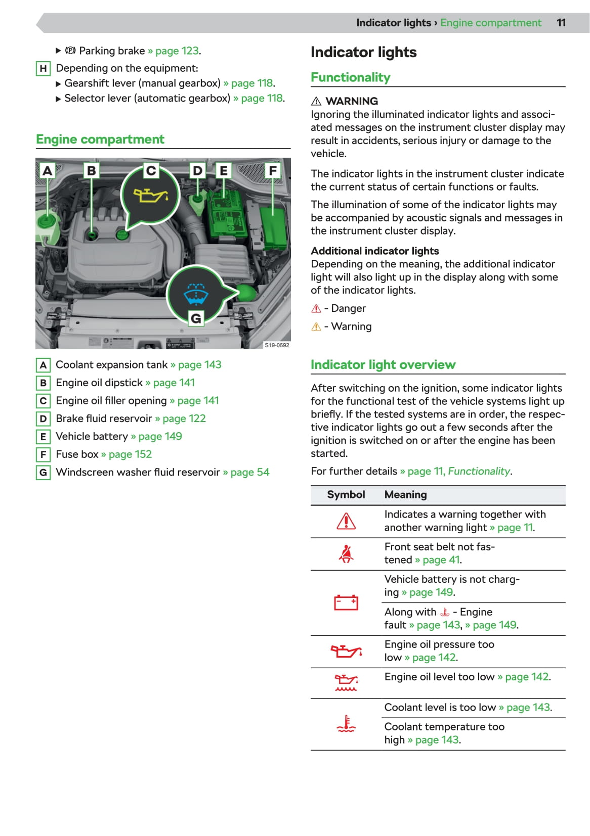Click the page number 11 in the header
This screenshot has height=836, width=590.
561,23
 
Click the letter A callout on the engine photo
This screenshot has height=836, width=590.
48,170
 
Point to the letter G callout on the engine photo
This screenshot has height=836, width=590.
196,318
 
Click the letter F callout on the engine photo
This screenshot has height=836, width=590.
273,170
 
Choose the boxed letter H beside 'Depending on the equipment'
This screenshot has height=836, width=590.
43,68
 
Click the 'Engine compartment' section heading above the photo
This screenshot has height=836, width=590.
100,139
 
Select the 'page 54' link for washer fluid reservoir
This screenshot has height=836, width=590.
249,472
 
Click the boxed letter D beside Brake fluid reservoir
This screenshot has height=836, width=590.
43,419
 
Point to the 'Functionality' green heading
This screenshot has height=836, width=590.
350,77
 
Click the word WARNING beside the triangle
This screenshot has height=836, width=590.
352,101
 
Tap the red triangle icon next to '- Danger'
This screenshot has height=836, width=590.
316,308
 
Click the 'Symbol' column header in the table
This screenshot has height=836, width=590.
346,494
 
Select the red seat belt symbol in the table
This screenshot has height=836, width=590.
346,554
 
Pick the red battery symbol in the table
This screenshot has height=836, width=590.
346,602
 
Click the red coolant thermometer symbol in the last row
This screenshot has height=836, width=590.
346,724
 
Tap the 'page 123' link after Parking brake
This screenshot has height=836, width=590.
177,51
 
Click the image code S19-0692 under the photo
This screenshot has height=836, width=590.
277,345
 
